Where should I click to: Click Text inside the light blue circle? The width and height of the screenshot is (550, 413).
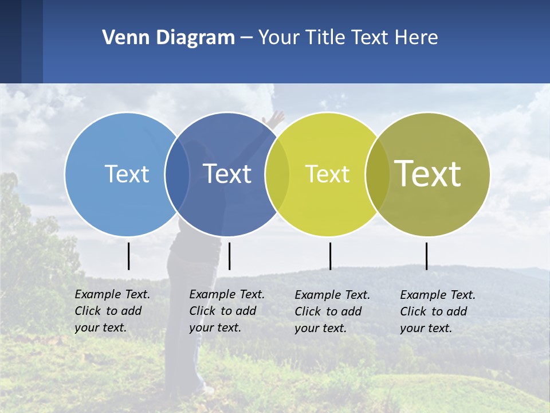(x=127, y=174)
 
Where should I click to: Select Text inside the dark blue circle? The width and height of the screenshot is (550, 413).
(x=227, y=174)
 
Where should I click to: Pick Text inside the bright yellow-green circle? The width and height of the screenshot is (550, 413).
(x=327, y=174)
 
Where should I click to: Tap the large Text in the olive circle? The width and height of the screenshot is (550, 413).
(x=428, y=173)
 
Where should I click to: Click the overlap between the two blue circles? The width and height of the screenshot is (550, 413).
(x=177, y=174)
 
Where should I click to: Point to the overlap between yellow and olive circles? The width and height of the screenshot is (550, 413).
(x=377, y=174)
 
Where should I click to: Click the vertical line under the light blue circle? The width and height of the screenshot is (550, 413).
(x=128, y=256)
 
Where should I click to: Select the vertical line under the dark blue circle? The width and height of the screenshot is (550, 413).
(x=229, y=256)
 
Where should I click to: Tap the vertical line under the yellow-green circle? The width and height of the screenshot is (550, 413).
(x=330, y=256)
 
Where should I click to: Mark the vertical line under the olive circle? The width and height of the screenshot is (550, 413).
(x=426, y=256)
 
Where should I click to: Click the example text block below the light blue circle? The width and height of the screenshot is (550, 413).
(x=112, y=311)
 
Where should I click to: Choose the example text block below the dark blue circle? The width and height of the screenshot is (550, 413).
(x=226, y=311)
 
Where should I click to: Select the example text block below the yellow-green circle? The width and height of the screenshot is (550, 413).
(x=332, y=311)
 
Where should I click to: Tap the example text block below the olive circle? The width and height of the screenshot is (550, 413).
(x=437, y=311)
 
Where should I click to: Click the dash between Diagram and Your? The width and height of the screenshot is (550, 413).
(x=246, y=38)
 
